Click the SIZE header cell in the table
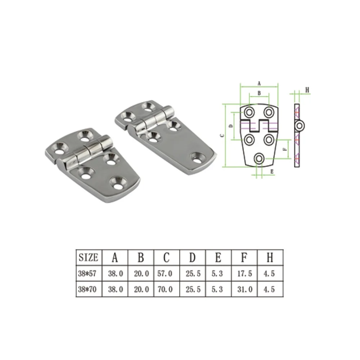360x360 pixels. point(88,257)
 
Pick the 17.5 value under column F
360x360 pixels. point(245,274)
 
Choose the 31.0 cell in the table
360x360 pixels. point(245,289)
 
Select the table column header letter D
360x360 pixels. point(193,257)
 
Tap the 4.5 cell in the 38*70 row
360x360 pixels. point(270,289)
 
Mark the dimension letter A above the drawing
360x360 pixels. point(259,83)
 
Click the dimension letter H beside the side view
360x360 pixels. point(307,90)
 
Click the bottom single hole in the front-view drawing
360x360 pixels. point(259,158)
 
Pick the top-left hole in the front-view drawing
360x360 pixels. point(249,113)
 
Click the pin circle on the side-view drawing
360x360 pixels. point(300,126)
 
